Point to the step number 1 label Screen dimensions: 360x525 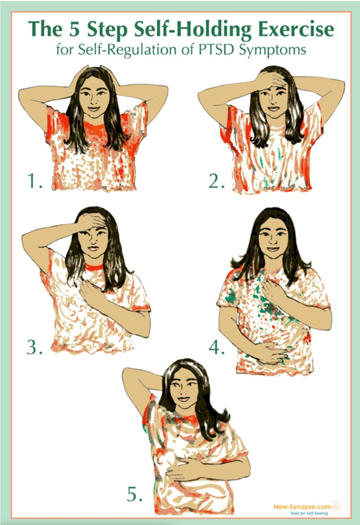(x=35, y=181)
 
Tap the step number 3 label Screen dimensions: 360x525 (x=34, y=347)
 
